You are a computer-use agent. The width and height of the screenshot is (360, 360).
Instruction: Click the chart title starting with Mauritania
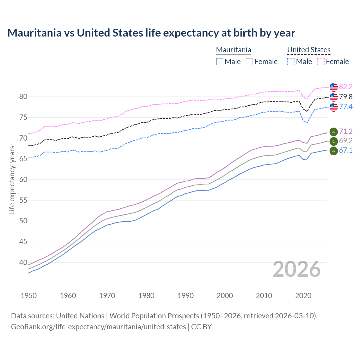(151, 33)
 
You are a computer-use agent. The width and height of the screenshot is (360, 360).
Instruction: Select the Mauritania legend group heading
(233, 50)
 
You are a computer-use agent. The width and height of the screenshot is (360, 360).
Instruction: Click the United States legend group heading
(309, 50)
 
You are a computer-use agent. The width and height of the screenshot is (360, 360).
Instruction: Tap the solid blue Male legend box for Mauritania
(220, 62)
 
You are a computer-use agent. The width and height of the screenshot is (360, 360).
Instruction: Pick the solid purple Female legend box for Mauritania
(249, 62)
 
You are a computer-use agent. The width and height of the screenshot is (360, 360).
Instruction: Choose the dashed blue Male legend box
(291, 62)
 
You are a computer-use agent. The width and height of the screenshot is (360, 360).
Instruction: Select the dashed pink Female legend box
(321, 62)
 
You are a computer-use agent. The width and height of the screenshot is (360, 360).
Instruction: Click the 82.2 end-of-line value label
(346, 87)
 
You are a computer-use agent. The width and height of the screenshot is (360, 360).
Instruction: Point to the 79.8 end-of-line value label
(346, 97)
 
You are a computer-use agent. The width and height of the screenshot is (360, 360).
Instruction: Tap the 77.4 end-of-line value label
(346, 107)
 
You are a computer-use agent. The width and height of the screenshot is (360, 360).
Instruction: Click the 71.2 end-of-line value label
(346, 131)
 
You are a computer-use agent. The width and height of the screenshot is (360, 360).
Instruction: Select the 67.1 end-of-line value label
(346, 150)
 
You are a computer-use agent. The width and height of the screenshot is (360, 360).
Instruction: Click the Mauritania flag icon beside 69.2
(334, 141)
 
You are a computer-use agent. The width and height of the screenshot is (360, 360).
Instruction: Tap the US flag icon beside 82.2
(334, 87)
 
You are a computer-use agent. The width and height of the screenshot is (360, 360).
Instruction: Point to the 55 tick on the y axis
(23, 201)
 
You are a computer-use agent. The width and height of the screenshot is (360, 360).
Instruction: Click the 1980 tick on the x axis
(146, 296)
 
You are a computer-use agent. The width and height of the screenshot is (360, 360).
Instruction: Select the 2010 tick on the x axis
(264, 296)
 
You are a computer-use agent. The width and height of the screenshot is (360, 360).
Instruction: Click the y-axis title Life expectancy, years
(12, 180)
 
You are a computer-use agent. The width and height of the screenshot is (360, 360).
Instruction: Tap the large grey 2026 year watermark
(297, 269)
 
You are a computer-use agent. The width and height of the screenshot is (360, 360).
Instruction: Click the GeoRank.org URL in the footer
(98, 327)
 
